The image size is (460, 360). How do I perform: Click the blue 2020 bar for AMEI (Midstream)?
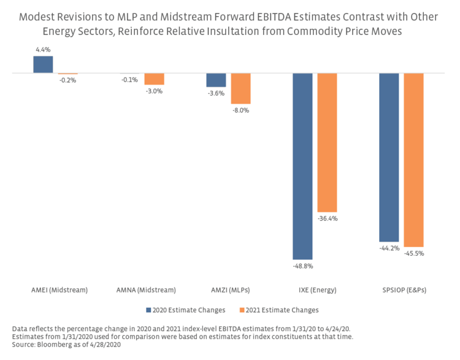point(43,64)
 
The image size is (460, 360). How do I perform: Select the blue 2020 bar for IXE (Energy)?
point(302,166)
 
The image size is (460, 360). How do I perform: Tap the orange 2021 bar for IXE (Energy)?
point(327,142)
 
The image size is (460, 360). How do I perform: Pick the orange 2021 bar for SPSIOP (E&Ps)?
point(413,159)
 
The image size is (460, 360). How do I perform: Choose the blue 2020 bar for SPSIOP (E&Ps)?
point(389,157)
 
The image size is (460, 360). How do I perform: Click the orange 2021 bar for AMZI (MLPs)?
point(240,88)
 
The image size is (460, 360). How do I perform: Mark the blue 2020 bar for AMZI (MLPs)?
point(216,80)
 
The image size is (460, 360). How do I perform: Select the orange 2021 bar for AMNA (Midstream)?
point(154,79)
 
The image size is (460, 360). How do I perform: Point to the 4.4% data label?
point(43,50)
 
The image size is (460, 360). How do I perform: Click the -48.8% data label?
point(302,266)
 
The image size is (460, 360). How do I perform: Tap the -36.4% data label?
point(328,219)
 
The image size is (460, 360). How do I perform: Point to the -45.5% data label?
point(414,253)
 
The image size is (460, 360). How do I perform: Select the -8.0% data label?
point(240,110)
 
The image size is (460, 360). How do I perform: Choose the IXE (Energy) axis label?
point(315,289)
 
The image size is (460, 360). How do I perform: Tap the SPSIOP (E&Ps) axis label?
point(401,289)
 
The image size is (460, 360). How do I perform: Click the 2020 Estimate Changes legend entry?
point(186,310)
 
